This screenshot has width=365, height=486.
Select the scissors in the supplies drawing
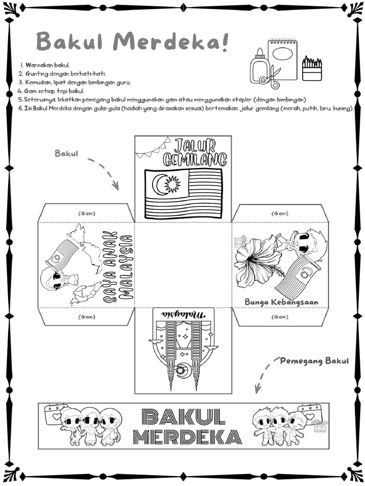pos(273,78)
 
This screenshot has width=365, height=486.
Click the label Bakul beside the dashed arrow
pos(67,153)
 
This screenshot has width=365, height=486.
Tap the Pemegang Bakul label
pos(314,361)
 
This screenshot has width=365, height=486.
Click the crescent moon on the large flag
pos(159,184)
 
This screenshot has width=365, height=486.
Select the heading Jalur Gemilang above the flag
pos(195,152)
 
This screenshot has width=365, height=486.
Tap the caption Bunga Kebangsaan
pos(281,302)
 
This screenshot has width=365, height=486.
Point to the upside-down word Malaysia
pos(183,315)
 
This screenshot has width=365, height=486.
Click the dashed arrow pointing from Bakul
pos(104,173)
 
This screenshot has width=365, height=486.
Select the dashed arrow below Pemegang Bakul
pos(264,375)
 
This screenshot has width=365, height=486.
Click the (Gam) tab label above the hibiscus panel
pos(279,214)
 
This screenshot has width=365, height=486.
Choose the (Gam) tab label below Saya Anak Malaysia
pos(86,317)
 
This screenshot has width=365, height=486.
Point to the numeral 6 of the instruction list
pos(21,108)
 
